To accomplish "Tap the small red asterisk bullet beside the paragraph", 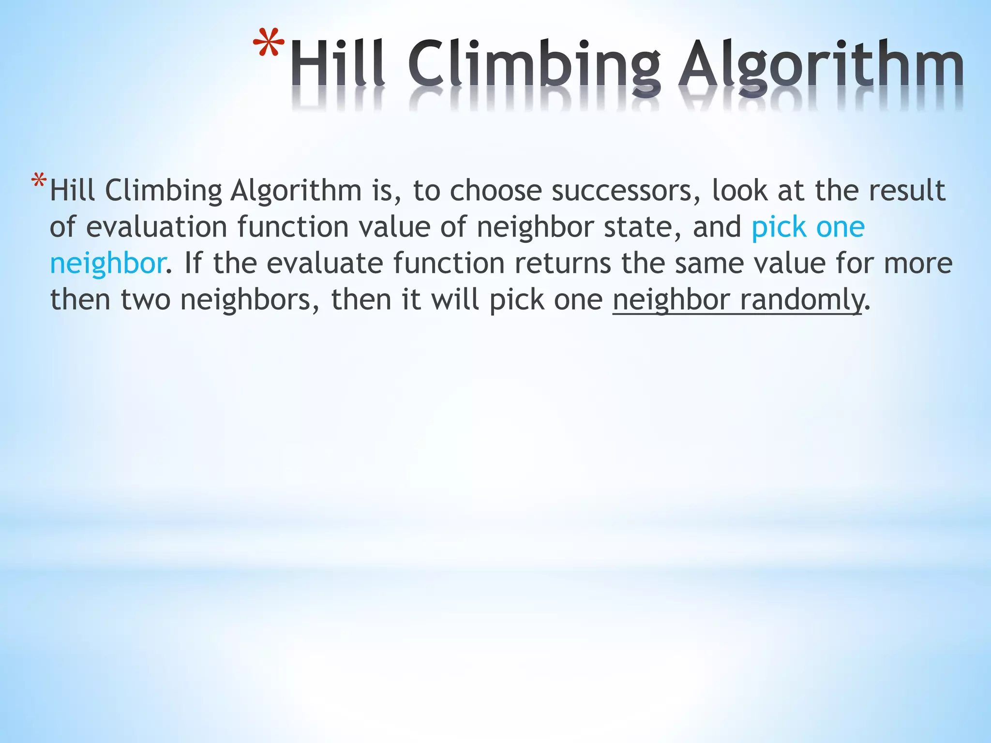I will point(39,182).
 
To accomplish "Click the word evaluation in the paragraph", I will point(156,227).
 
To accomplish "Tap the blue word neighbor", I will point(107,263).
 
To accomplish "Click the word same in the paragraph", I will point(709,263).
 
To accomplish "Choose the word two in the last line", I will point(145,299).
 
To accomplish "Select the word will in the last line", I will point(455,299).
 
